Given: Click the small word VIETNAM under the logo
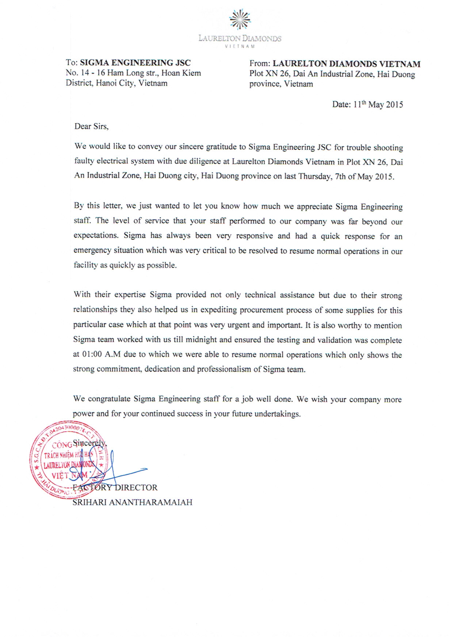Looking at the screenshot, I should pyautogui.click(x=240, y=46).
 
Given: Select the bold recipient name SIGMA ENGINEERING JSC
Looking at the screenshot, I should pyautogui.click(x=135, y=63).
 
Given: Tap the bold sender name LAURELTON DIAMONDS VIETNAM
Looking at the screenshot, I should pyautogui.click(x=346, y=64).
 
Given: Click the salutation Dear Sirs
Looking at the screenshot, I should pyautogui.click(x=91, y=126).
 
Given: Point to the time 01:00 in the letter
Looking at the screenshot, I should pyautogui.click(x=92, y=354).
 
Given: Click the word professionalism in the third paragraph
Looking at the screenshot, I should pyautogui.click(x=224, y=369).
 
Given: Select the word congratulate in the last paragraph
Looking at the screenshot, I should pyautogui.click(x=109, y=399).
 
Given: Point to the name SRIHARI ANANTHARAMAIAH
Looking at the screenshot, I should pyautogui.click(x=132, y=502).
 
